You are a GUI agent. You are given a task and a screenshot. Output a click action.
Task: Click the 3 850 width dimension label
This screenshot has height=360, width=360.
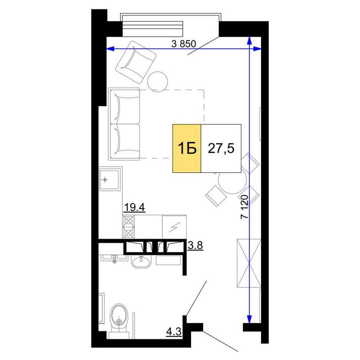click(184, 44)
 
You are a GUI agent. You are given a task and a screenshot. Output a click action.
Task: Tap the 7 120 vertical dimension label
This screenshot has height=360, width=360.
click(245, 207)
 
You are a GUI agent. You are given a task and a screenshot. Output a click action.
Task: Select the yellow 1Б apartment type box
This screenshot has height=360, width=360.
click(187, 148)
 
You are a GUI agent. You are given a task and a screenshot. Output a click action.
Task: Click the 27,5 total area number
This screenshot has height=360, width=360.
click(221, 148)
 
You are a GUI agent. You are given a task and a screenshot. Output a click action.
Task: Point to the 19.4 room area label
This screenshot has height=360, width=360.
click(134, 208)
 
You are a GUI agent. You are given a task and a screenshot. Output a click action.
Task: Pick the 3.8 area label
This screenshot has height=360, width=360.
click(195, 246)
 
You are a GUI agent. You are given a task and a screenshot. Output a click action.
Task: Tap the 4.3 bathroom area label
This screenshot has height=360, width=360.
click(174, 331)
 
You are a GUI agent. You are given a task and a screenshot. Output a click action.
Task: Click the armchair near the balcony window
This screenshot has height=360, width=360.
click(135, 62)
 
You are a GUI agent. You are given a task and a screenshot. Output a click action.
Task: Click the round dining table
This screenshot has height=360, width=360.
click(232, 181)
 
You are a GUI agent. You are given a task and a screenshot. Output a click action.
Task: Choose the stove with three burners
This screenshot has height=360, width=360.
click(128, 227)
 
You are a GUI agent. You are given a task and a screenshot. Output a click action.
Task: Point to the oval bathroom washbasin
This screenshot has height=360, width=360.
click(141, 262)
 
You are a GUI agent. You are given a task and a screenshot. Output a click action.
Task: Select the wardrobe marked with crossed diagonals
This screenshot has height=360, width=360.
click(249, 263)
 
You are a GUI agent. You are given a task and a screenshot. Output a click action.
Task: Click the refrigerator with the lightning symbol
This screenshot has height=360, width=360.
click(174, 227)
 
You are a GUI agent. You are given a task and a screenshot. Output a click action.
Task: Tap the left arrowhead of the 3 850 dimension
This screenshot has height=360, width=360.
click(111, 49)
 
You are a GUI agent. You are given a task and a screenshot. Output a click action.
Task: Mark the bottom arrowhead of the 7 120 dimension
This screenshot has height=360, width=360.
click(249, 319)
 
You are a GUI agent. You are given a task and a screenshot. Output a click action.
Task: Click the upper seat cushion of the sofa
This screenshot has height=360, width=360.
click(125, 107)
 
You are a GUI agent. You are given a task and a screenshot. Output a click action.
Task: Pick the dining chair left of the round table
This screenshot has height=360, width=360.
click(216, 196)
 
